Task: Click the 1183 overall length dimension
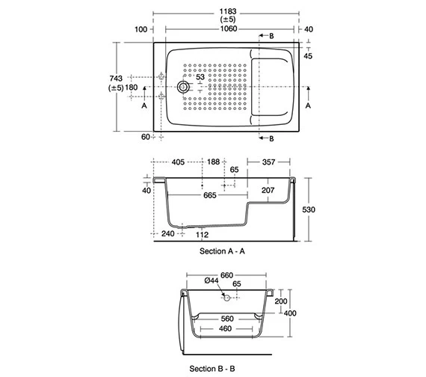pos(228,12)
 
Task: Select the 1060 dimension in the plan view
pos(229,29)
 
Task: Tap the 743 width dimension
pos(116,79)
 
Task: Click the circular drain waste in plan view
pos(183,87)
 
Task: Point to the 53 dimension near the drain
pos(200,77)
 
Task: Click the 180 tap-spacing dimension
pos(132,88)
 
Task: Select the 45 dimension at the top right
pos(308,56)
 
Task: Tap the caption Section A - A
pos(222,251)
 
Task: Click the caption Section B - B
pos(212,369)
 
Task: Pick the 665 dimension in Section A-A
pos(210,195)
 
